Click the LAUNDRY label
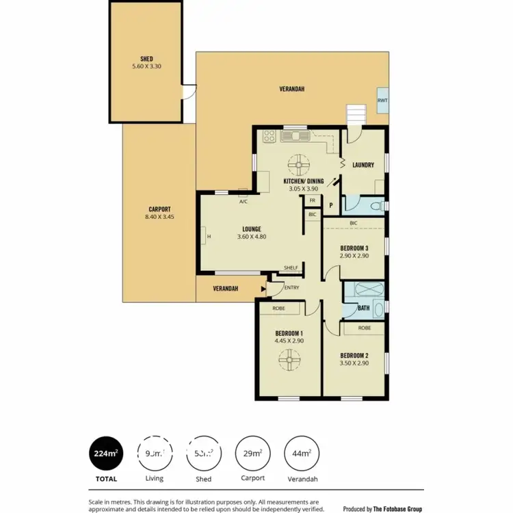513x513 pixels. [363, 165]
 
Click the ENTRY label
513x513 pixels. [291, 287]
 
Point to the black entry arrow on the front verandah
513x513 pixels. [263, 289]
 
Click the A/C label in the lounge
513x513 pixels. [243, 202]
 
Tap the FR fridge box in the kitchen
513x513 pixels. [312, 200]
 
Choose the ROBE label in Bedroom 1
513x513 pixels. [278, 308]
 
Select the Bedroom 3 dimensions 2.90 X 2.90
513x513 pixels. [354, 255]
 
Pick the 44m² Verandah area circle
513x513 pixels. [300, 453]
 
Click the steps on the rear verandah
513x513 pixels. [356, 114]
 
